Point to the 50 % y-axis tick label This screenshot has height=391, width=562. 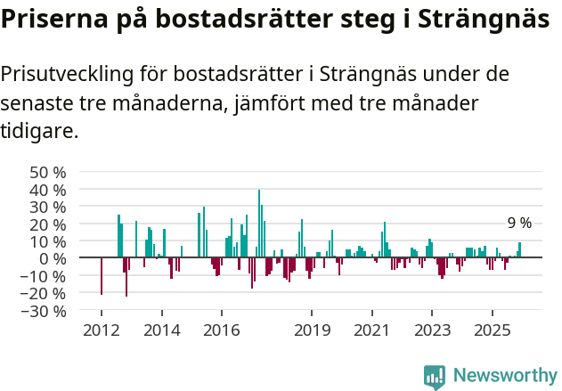coord(48,172)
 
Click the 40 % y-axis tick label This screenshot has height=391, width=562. coord(48,190)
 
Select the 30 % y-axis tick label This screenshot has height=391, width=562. coord(48,207)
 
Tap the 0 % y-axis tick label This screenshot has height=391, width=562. coord(53,258)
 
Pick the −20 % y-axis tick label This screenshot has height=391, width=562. coord(45,293)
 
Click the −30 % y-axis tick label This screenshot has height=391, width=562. coord(45,311)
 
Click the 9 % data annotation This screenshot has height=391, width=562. coord(519,224)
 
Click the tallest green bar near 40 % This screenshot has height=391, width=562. coord(259,223)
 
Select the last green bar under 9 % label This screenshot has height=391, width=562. coord(520,250)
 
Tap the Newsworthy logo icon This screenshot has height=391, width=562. coord(435,377)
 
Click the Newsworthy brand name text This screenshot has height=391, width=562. coord(505,376)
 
